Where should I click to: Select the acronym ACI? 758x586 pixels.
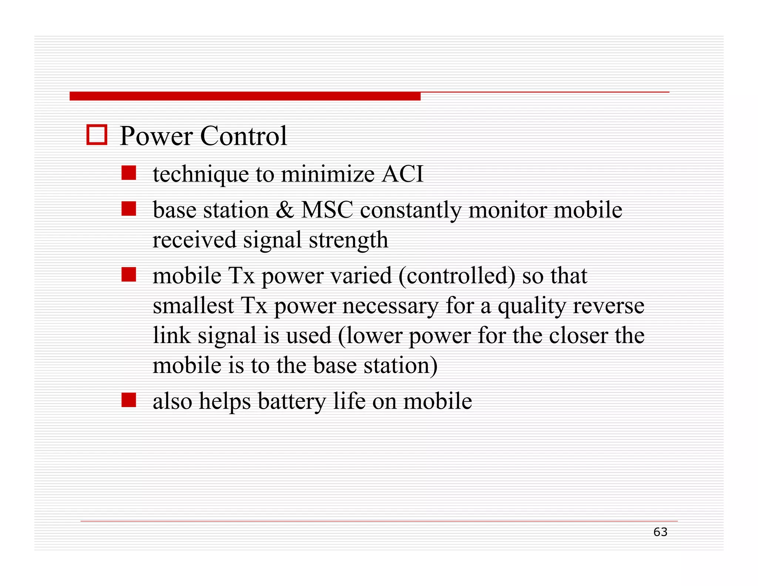point(402,174)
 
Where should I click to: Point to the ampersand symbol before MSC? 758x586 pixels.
point(285,210)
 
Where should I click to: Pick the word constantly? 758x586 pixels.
point(410,211)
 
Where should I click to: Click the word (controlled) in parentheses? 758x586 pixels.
point(457,276)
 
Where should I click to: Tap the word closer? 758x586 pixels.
point(578,336)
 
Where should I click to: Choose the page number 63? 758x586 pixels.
point(660,532)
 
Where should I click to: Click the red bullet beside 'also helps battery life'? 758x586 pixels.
point(128,400)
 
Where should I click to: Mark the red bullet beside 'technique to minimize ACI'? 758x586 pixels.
point(128,173)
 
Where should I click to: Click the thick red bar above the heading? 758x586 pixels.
point(245,96)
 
